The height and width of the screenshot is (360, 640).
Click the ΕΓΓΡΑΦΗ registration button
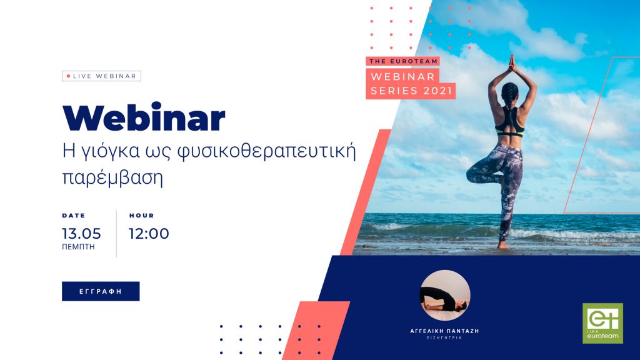pyautogui.click(x=101, y=291)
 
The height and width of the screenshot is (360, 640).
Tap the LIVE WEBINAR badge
pyautogui.click(x=102, y=76)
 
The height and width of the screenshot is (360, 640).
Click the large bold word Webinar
pyautogui.click(x=144, y=118)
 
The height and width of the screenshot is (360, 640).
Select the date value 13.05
pyautogui.click(x=81, y=234)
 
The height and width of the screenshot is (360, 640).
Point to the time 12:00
pyautogui.click(x=149, y=234)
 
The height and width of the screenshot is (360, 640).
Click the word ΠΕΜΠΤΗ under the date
pyautogui.click(x=78, y=247)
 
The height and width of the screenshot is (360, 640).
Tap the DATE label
pyautogui.click(x=74, y=216)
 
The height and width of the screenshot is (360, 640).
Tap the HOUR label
pyautogui.click(x=142, y=216)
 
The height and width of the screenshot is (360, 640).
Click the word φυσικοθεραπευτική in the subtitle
pyautogui.click(x=267, y=152)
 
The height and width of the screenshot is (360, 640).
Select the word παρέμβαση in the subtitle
pyautogui.click(x=112, y=178)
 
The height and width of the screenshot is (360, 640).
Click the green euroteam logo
pyautogui.click(x=602, y=323)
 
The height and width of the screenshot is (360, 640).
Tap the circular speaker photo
pyautogui.click(x=445, y=295)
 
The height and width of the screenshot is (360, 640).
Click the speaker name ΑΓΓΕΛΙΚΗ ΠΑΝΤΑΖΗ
pyautogui.click(x=444, y=331)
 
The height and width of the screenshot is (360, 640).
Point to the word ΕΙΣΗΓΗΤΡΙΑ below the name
pyautogui.click(x=444, y=338)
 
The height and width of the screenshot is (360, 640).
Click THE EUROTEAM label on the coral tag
pyautogui.click(x=403, y=61)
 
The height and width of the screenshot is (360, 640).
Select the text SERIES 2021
pyautogui.click(x=412, y=91)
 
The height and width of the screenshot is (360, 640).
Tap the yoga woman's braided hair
pyautogui.click(x=510, y=96)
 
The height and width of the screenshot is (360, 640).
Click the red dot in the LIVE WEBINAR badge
pyautogui.click(x=69, y=76)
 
